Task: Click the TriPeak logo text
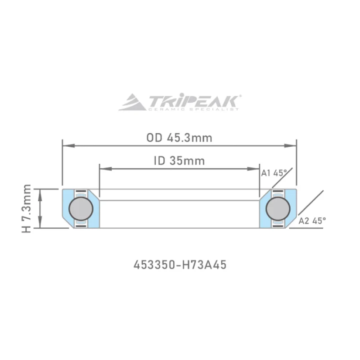194,100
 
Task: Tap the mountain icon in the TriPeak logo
132,103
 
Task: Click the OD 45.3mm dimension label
179,138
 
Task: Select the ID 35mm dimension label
179,161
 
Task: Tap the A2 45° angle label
312,220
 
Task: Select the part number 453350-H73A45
180,265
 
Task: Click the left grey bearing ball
81,208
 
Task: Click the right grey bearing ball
278,208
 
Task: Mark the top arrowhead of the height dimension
41,193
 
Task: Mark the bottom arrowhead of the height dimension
41,225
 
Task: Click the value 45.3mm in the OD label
189,138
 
